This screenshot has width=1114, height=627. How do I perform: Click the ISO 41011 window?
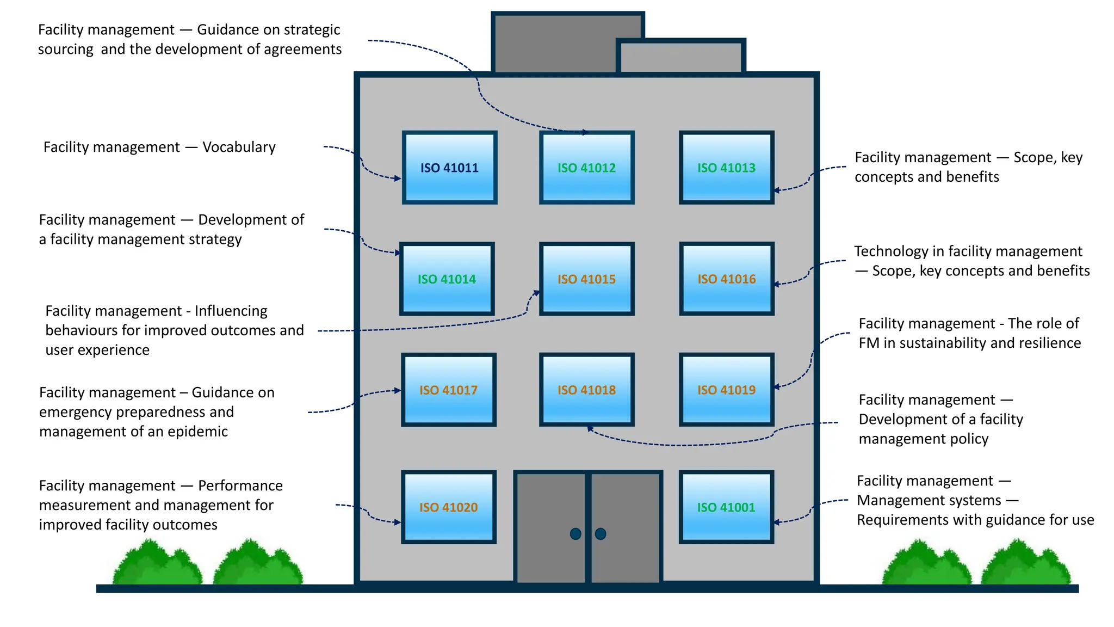pos(449,168)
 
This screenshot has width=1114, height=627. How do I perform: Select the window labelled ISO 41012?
pos(586,168)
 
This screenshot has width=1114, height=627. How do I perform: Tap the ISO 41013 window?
pos(726,168)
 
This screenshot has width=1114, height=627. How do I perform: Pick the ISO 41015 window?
pos(586,279)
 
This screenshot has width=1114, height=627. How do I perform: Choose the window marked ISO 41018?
pos(586,390)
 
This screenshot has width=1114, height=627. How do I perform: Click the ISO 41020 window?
pos(448,507)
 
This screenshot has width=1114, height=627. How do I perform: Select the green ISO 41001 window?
pos(726,507)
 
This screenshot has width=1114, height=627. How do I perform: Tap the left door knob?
pos(575,534)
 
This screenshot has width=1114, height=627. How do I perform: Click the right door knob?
pos(601,534)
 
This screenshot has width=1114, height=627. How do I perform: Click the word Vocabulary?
pos(239,147)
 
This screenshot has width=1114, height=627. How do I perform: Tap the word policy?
pos(970,439)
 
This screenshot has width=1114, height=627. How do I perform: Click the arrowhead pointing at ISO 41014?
pos(399,253)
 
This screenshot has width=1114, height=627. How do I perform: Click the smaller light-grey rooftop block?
pos(681,57)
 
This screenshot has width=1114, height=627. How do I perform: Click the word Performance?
pos(240,485)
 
